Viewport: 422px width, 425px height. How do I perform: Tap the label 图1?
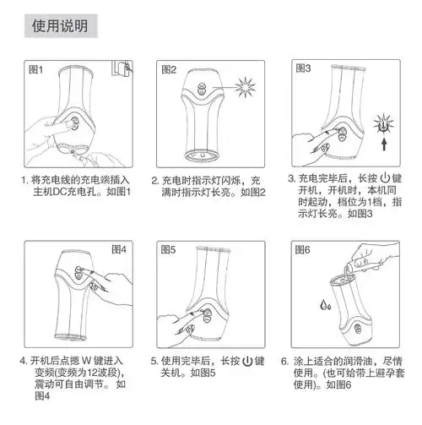coord(37,69)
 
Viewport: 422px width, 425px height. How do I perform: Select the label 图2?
coord(169,69)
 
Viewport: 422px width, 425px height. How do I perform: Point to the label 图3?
coord(302,69)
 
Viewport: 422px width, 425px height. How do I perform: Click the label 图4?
coord(118,249)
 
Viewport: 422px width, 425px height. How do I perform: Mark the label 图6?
coord(302,250)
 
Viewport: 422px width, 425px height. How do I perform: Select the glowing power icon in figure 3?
coord(385,124)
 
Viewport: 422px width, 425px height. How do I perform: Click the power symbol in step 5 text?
coord(246,360)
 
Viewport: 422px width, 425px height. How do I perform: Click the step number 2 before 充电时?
coord(154,180)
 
